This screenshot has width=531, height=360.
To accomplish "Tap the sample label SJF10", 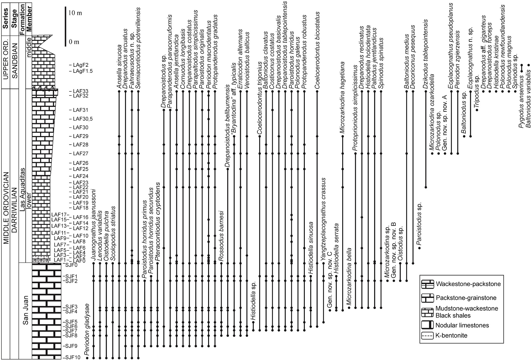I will click(72, 357).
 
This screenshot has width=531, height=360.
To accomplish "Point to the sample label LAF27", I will click(81, 153).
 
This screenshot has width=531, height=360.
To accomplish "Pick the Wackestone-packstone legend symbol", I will click(427, 284).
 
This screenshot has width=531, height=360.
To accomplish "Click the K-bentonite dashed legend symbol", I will click(427, 336).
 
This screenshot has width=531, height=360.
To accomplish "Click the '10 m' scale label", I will click(75, 13).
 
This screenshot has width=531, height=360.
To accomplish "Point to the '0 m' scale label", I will click(74, 42).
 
